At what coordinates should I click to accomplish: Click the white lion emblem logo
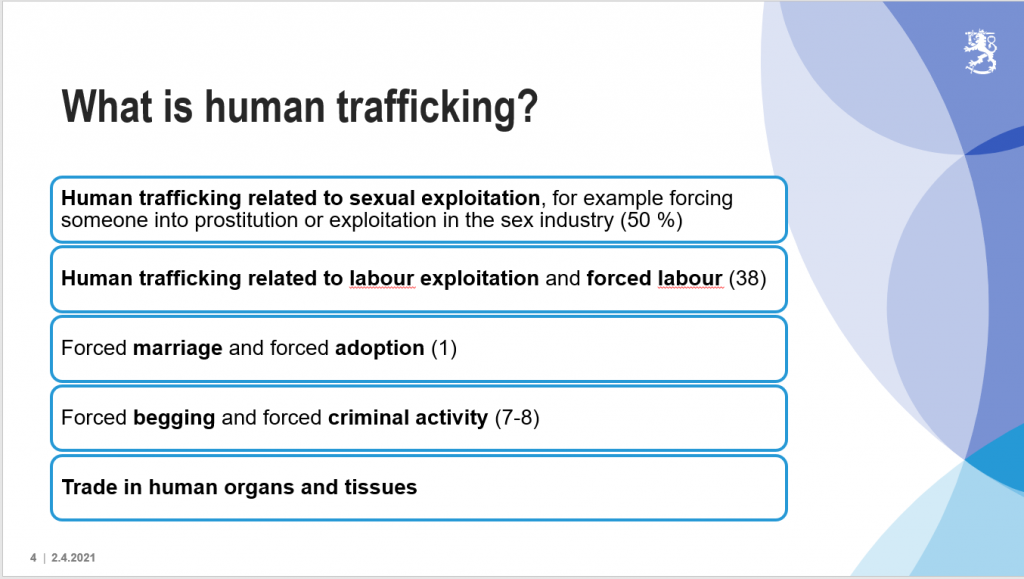pos(979,50)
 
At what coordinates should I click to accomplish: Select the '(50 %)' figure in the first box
pos(650,220)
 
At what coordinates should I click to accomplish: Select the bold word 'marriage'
pos(178,348)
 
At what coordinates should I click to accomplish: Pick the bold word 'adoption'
pos(379,348)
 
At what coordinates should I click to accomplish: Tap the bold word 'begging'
pos(174,417)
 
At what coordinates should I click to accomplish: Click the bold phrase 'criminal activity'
pos(408,417)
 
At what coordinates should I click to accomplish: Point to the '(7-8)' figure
pos(517,417)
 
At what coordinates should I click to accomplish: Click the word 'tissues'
pos(383,488)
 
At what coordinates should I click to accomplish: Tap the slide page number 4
pos(33,557)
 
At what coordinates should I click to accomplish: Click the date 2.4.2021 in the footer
pos(74,557)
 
